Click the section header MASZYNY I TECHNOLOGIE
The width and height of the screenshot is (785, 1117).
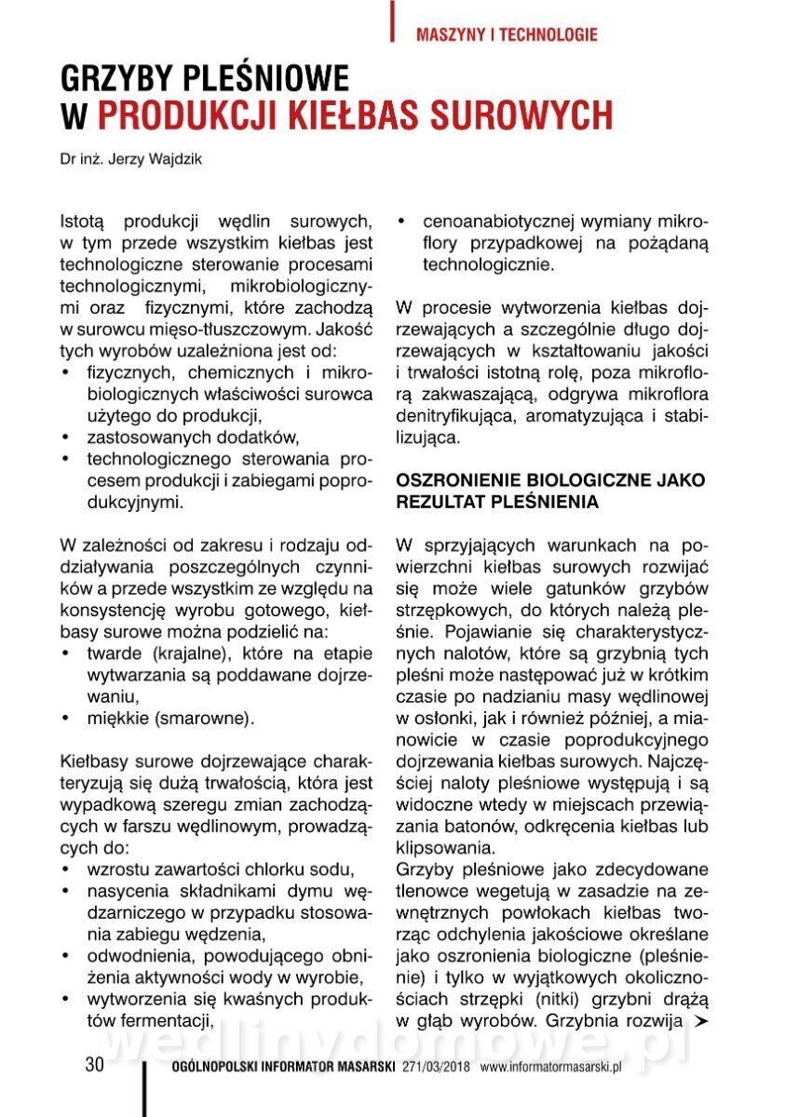[x=507, y=35]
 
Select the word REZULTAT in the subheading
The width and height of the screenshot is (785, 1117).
[x=438, y=502]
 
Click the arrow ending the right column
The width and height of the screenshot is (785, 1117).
[x=702, y=1022]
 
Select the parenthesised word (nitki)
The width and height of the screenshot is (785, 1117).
[x=559, y=1000]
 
